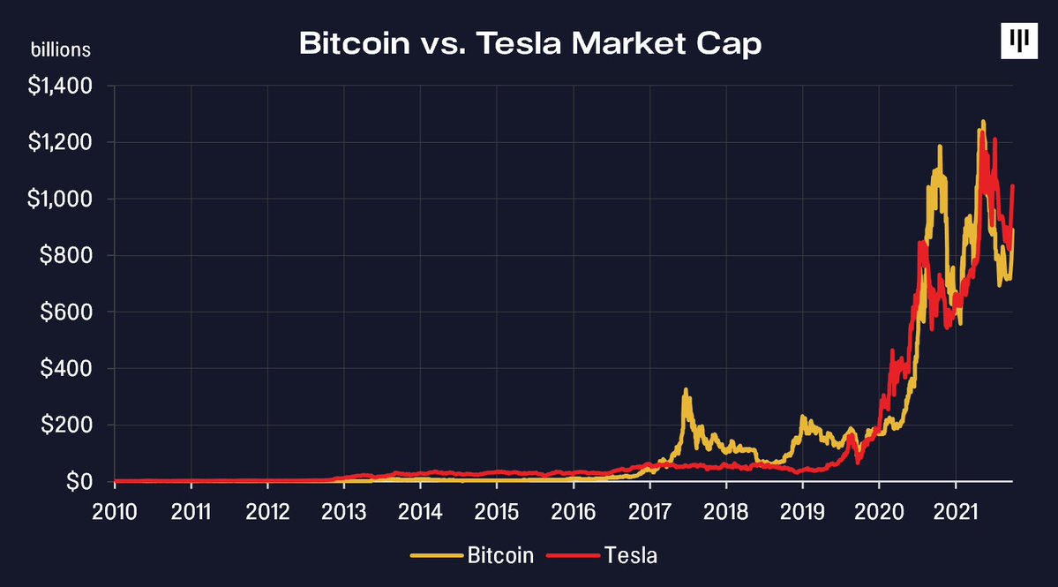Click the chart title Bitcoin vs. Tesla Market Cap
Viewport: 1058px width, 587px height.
529,43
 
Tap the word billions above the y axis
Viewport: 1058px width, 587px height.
61,49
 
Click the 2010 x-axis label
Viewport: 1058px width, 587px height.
115,513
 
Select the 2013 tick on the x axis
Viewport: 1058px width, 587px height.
344,513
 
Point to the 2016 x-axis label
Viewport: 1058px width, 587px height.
574,513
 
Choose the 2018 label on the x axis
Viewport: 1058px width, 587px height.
726,513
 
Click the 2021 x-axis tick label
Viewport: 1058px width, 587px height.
956,513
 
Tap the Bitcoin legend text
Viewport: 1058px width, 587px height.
500,556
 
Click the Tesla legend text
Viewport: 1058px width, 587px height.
631,556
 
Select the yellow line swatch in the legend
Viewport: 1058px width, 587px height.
437,556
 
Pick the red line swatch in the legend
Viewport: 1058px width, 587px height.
574,556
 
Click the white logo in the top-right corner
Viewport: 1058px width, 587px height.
1019,41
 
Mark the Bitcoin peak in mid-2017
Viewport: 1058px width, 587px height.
686,389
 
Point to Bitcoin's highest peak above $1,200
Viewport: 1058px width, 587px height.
983,122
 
